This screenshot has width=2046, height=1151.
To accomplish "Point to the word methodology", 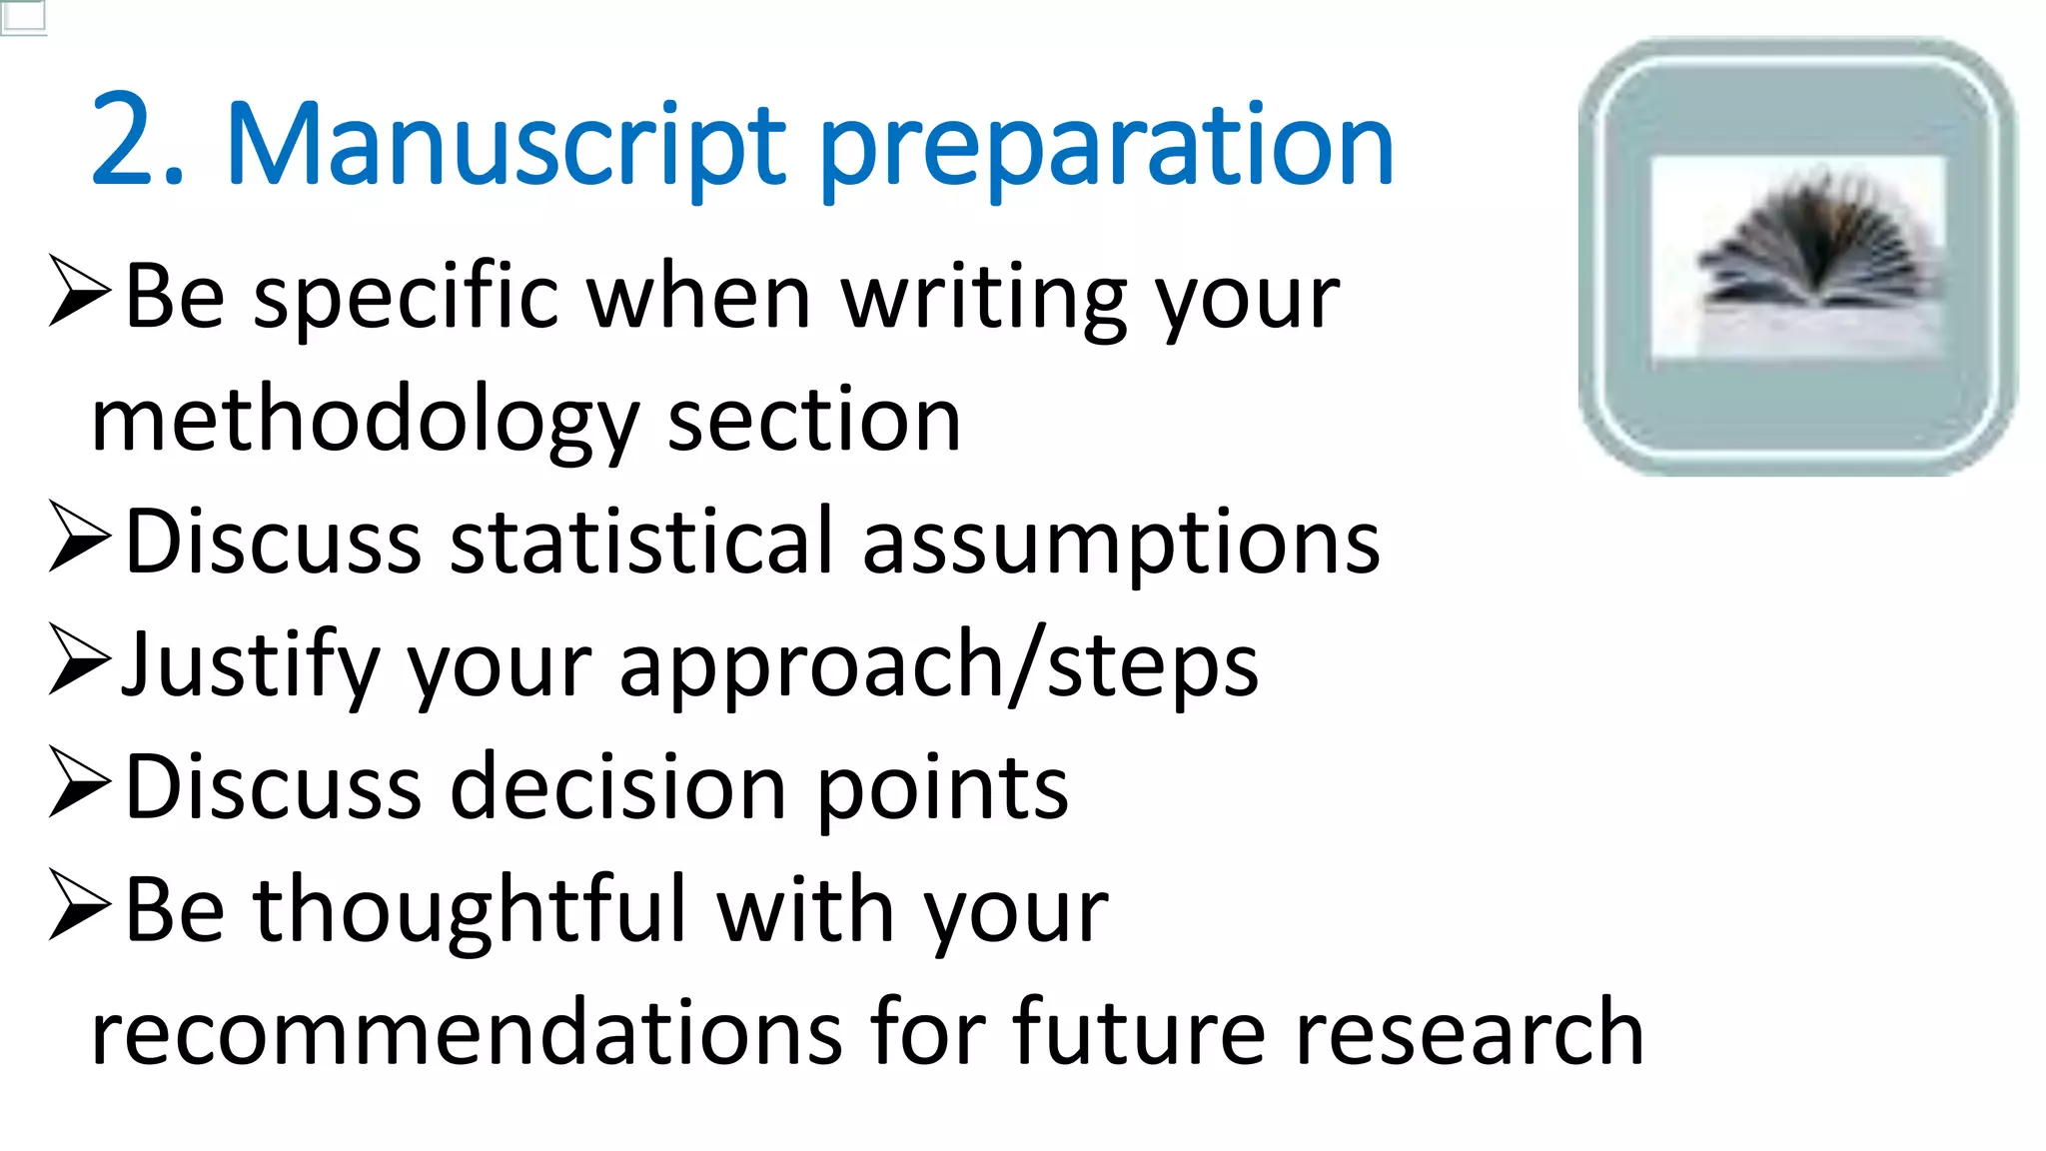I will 364,423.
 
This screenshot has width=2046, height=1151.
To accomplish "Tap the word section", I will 813,421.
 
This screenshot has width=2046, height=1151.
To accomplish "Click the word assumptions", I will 1120,546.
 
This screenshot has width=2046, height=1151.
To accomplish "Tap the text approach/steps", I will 938,667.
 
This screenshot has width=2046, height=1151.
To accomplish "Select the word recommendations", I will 466,1033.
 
